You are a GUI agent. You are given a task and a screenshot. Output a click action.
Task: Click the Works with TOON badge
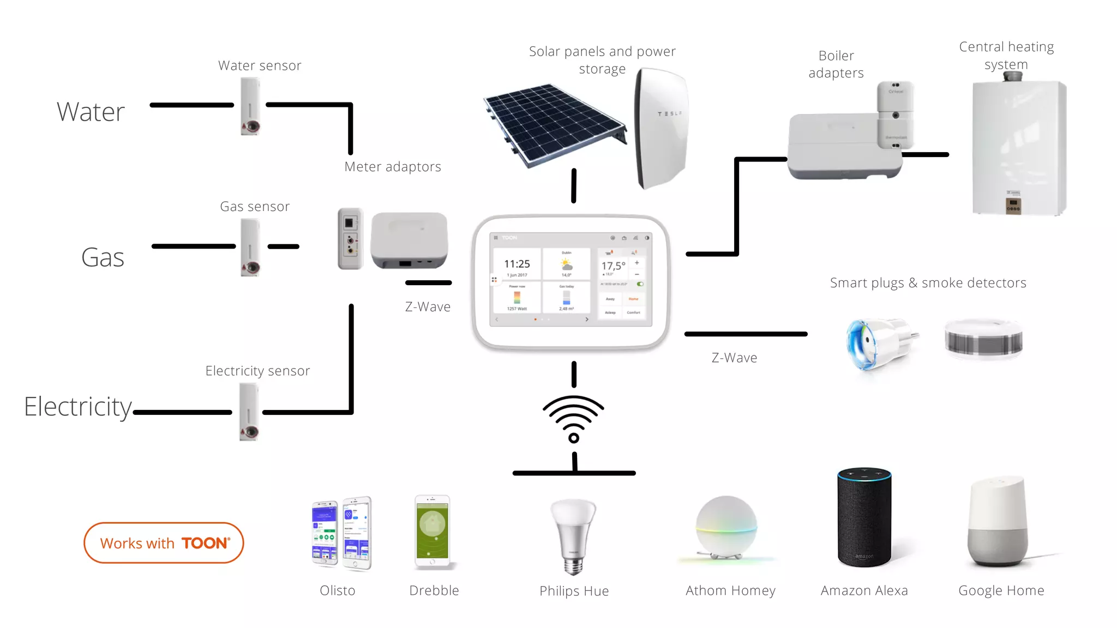click(164, 543)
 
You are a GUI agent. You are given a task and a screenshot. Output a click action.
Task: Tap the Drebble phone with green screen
click(433, 532)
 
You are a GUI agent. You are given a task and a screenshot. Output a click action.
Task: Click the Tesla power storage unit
click(661, 128)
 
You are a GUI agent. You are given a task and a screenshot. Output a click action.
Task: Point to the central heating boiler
click(1018, 147)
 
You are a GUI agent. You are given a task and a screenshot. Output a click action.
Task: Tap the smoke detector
click(983, 339)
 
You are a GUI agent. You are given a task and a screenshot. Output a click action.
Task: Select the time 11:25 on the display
click(517, 264)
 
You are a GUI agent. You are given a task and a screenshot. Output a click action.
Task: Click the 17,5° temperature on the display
click(613, 266)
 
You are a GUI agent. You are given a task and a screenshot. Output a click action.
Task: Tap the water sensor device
click(250, 106)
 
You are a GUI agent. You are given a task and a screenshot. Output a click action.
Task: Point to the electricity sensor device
click(249, 412)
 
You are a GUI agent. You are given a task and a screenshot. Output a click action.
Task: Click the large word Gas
click(103, 257)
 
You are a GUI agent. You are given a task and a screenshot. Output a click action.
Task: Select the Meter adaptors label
click(393, 167)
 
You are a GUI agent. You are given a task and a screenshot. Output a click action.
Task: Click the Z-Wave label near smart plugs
click(734, 358)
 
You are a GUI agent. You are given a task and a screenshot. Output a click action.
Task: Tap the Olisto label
click(337, 590)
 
